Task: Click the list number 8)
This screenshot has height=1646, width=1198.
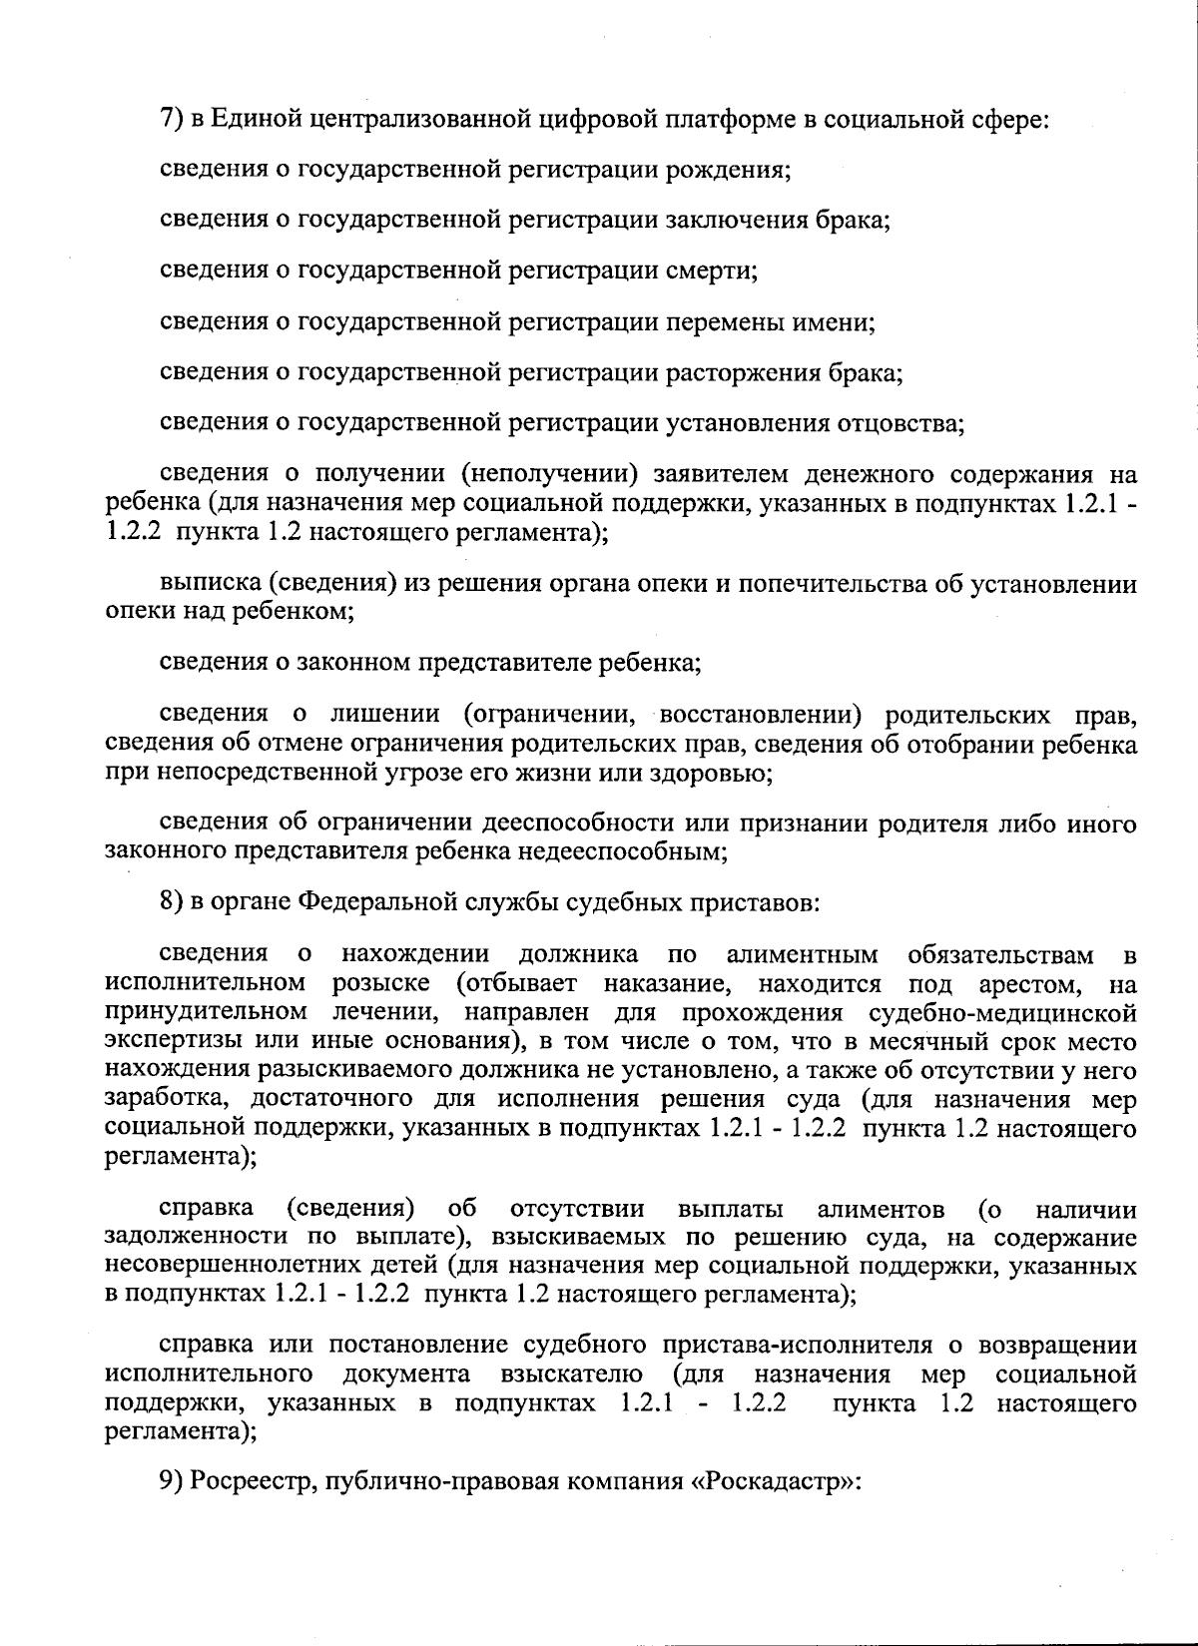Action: [x=173, y=903]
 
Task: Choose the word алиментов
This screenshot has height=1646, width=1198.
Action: [x=881, y=1210]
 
